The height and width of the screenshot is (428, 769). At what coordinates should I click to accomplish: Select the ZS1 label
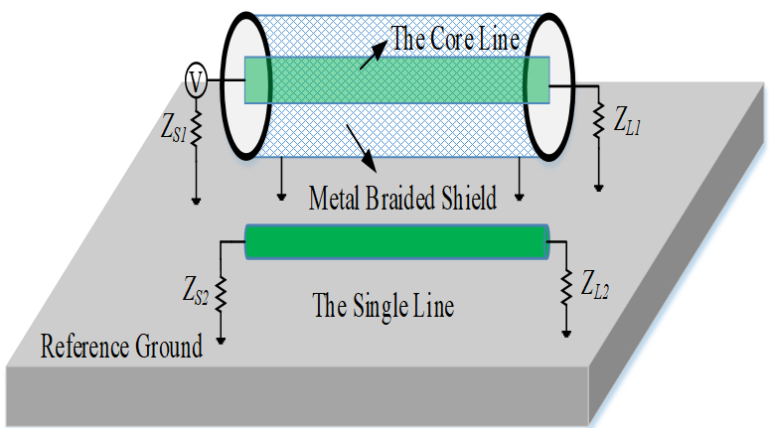click(167, 126)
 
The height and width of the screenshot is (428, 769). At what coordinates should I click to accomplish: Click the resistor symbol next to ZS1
click(197, 126)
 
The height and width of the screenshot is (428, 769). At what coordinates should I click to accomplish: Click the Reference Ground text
click(122, 347)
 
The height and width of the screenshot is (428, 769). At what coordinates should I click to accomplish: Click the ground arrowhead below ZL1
click(598, 185)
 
